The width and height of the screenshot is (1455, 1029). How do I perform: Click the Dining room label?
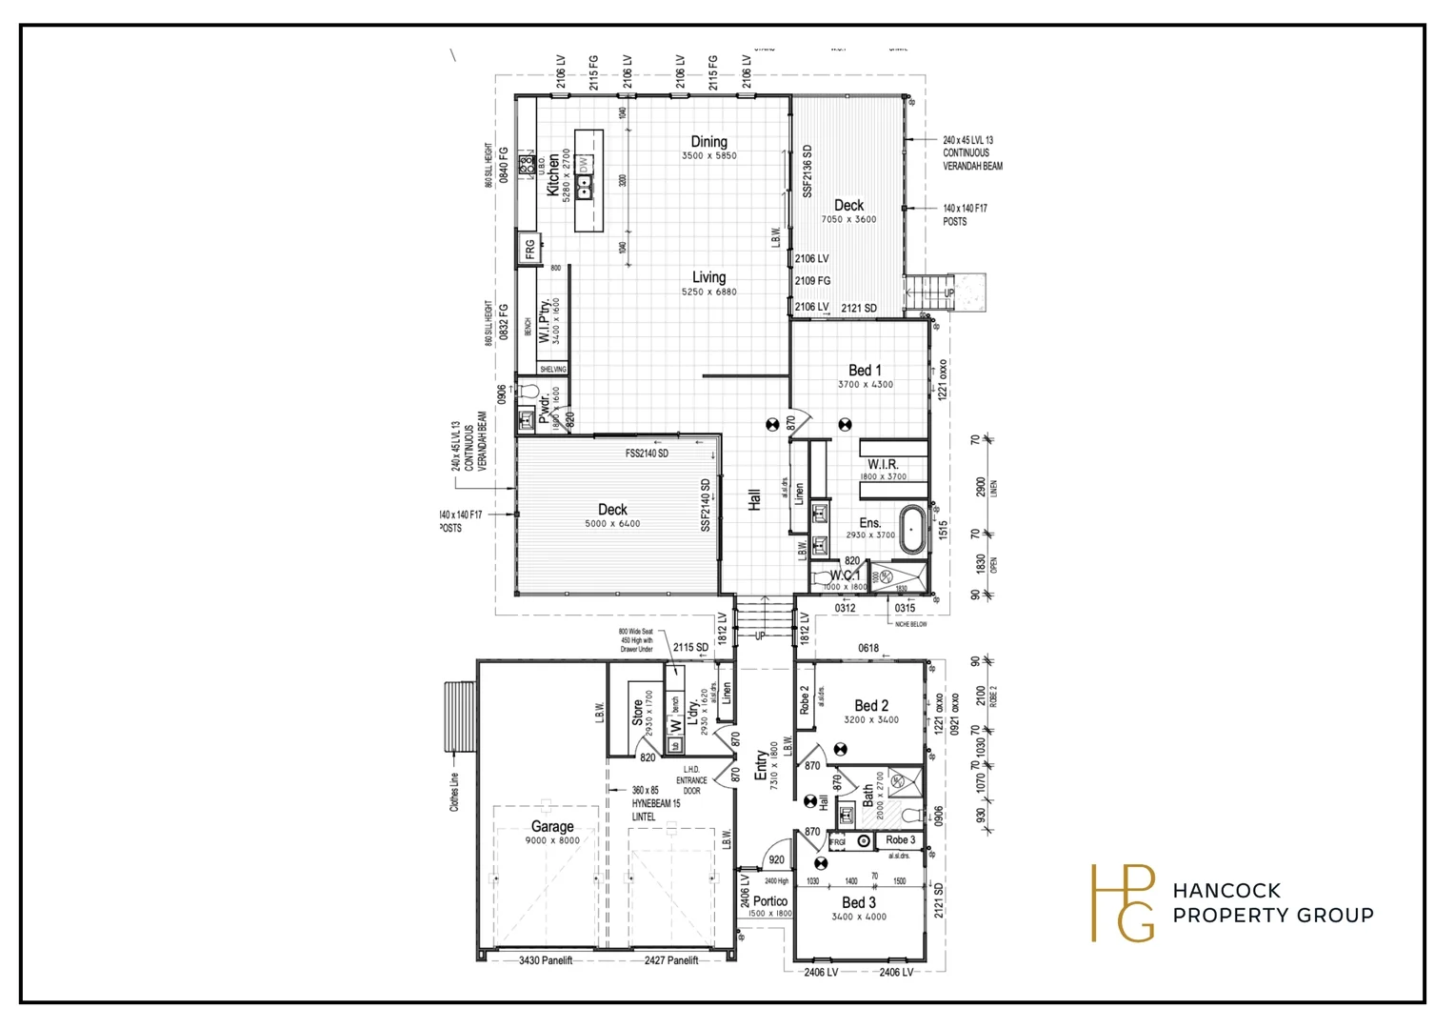pyautogui.click(x=708, y=142)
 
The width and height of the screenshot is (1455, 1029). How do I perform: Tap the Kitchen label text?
pyautogui.click(x=553, y=175)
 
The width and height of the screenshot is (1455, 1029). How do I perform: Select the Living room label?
pyautogui.click(x=708, y=277)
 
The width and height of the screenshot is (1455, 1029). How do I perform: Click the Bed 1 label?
pyautogui.click(x=865, y=371)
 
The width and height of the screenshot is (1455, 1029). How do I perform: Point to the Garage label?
pyautogui.click(x=552, y=826)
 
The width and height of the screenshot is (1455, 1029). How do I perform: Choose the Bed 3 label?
pyautogui.click(x=858, y=902)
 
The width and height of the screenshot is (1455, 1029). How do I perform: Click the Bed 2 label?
pyautogui.click(x=870, y=706)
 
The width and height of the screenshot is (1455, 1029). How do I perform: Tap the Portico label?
pyautogui.click(x=770, y=901)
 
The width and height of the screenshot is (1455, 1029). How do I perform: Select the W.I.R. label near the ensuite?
pyautogui.click(x=883, y=464)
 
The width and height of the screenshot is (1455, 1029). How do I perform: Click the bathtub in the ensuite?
pyautogui.click(x=911, y=530)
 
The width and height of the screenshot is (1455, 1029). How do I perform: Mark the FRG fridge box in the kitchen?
pyautogui.click(x=529, y=250)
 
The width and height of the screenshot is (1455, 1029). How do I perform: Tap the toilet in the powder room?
pyautogui.click(x=528, y=392)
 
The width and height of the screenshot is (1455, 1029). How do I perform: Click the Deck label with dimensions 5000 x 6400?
pyautogui.click(x=612, y=510)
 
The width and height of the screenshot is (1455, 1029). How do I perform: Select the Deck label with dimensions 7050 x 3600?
pyautogui.click(x=848, y=206)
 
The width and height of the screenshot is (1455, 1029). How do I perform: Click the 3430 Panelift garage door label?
pyautogui.click(x=546, y=960)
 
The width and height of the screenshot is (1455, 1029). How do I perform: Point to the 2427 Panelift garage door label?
pyautogui.click(x=671, y=960)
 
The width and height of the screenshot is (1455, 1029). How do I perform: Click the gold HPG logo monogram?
pyautogui.click(x=1123, y=903)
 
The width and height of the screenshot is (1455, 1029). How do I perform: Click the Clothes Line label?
pyautogui.click(x=455, y=792)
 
